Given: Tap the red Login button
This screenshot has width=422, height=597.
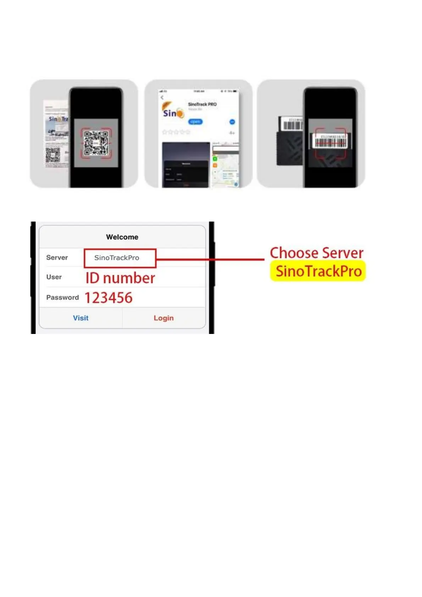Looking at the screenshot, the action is point(163,318).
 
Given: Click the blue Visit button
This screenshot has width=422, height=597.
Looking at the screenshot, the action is point(80,318).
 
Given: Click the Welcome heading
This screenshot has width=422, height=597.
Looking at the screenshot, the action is point(122,237).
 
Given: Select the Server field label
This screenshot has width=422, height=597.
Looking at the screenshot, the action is point(57,257).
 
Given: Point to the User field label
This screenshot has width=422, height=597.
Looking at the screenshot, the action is point(54,277).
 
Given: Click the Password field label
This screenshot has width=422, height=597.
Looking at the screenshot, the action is point(62,297).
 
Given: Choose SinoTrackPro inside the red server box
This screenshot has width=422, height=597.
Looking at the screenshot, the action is point(117,258).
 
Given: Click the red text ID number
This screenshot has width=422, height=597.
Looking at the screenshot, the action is point(120,278).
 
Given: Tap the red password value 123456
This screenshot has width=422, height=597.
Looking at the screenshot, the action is point(109,298).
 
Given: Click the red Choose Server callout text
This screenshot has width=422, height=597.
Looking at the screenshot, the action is point(317,253).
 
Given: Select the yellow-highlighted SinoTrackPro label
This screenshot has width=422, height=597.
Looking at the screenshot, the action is point(318,271).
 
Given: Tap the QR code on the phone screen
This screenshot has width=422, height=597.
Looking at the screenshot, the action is point(96,143).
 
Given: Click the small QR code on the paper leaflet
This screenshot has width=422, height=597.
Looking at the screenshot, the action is point(52,155).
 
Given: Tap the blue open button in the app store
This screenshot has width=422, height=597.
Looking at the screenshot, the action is point(195,122).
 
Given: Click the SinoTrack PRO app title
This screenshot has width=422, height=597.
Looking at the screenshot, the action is point(202,104).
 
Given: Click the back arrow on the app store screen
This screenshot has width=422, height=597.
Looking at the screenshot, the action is point(162,97).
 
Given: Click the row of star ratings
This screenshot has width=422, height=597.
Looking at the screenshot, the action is point(176,132).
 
